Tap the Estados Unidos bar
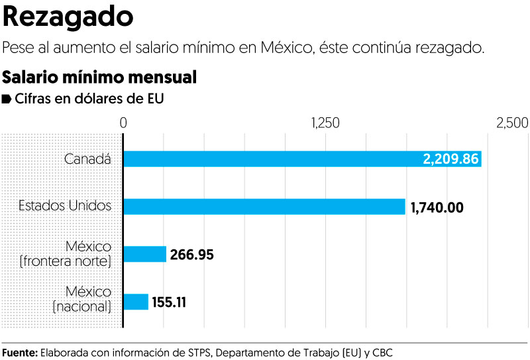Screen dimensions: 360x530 [x=264, y=206]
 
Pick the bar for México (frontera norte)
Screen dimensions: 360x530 [x=145, y=254]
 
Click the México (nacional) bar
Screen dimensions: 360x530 [x=136, y=302]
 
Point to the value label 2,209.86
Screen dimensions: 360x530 [x=450, y=159]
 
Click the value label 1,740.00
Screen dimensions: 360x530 [x=437, y=207]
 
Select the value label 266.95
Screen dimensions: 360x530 [x=192, y=255]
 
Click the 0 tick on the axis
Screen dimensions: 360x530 [x=123, y=123]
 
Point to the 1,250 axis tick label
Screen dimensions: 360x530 [x=325, y=123]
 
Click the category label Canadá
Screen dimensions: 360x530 [x=87, y=159]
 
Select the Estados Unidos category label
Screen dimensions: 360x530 [x=65, y=206]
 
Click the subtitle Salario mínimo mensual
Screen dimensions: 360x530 [x=100, y=77]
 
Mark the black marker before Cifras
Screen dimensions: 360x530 [x=7, y=99]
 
